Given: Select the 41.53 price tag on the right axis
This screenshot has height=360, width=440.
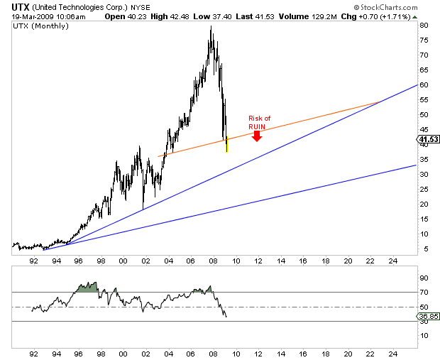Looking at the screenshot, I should point(428,140).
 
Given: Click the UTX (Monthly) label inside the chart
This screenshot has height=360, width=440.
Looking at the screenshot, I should point(40,26).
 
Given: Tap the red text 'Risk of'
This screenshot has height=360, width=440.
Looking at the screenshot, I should point(260,118).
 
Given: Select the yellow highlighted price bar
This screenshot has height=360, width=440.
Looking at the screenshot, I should point(226,146).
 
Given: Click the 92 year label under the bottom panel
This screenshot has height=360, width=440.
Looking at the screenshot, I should point(33,352).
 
